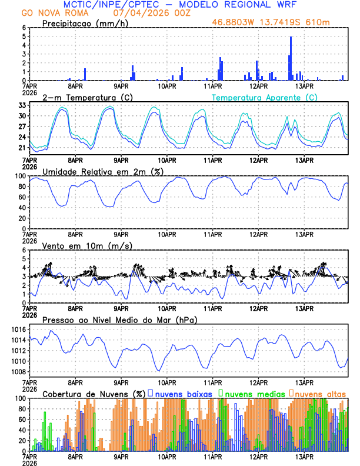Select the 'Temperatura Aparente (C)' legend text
(265, 97)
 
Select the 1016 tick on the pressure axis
(18, 329)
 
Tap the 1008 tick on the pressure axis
(18, 372)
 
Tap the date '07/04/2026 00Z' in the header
(151, 13)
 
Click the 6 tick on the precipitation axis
(24, 28)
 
